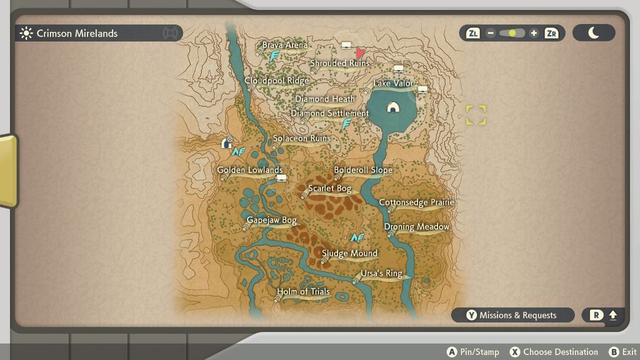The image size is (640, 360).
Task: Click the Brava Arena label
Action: (284, 45)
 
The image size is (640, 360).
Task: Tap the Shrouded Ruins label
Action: (340, 63)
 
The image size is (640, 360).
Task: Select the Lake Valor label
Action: (393, 83)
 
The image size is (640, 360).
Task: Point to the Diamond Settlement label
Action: (330, 113)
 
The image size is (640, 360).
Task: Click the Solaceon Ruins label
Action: (302, 138)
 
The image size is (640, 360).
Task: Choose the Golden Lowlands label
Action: (250, 170)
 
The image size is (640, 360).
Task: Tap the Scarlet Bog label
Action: (329, 188)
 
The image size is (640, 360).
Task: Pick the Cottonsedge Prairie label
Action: (416, 202)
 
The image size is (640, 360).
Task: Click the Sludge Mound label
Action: (349, 253)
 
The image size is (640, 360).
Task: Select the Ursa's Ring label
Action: (381, 273)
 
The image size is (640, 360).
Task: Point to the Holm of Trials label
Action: (303, 291)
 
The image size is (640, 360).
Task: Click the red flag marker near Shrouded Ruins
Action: (361, 53)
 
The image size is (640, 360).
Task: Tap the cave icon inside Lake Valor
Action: (392, 107)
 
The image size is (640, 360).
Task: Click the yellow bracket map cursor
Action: (476, 114)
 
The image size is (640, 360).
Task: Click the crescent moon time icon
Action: (593, 33)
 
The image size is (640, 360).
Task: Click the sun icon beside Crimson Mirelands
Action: (26, 33)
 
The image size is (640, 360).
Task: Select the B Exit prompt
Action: (622, 352)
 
